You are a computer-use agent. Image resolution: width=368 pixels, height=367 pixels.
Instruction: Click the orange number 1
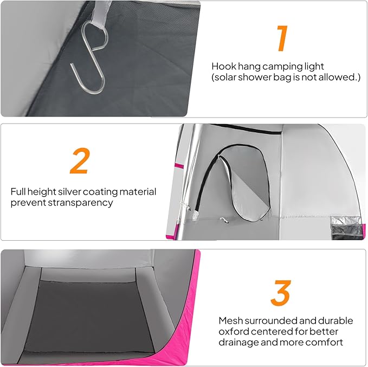point(282,38)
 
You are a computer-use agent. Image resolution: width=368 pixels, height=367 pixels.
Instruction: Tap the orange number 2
point(80,161)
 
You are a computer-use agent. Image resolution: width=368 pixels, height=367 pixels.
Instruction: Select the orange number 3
point(281,293)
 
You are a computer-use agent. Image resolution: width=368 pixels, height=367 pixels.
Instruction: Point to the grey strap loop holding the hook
point(101,14)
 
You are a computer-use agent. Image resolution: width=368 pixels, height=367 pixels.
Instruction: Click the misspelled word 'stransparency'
point(80,203)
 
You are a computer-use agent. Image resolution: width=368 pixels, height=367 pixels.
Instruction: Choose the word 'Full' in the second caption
point(18,192)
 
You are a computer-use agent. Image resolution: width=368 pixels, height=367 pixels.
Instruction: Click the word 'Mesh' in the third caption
point(230,321)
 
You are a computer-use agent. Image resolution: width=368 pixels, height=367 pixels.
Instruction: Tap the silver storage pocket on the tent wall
point(347,228)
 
